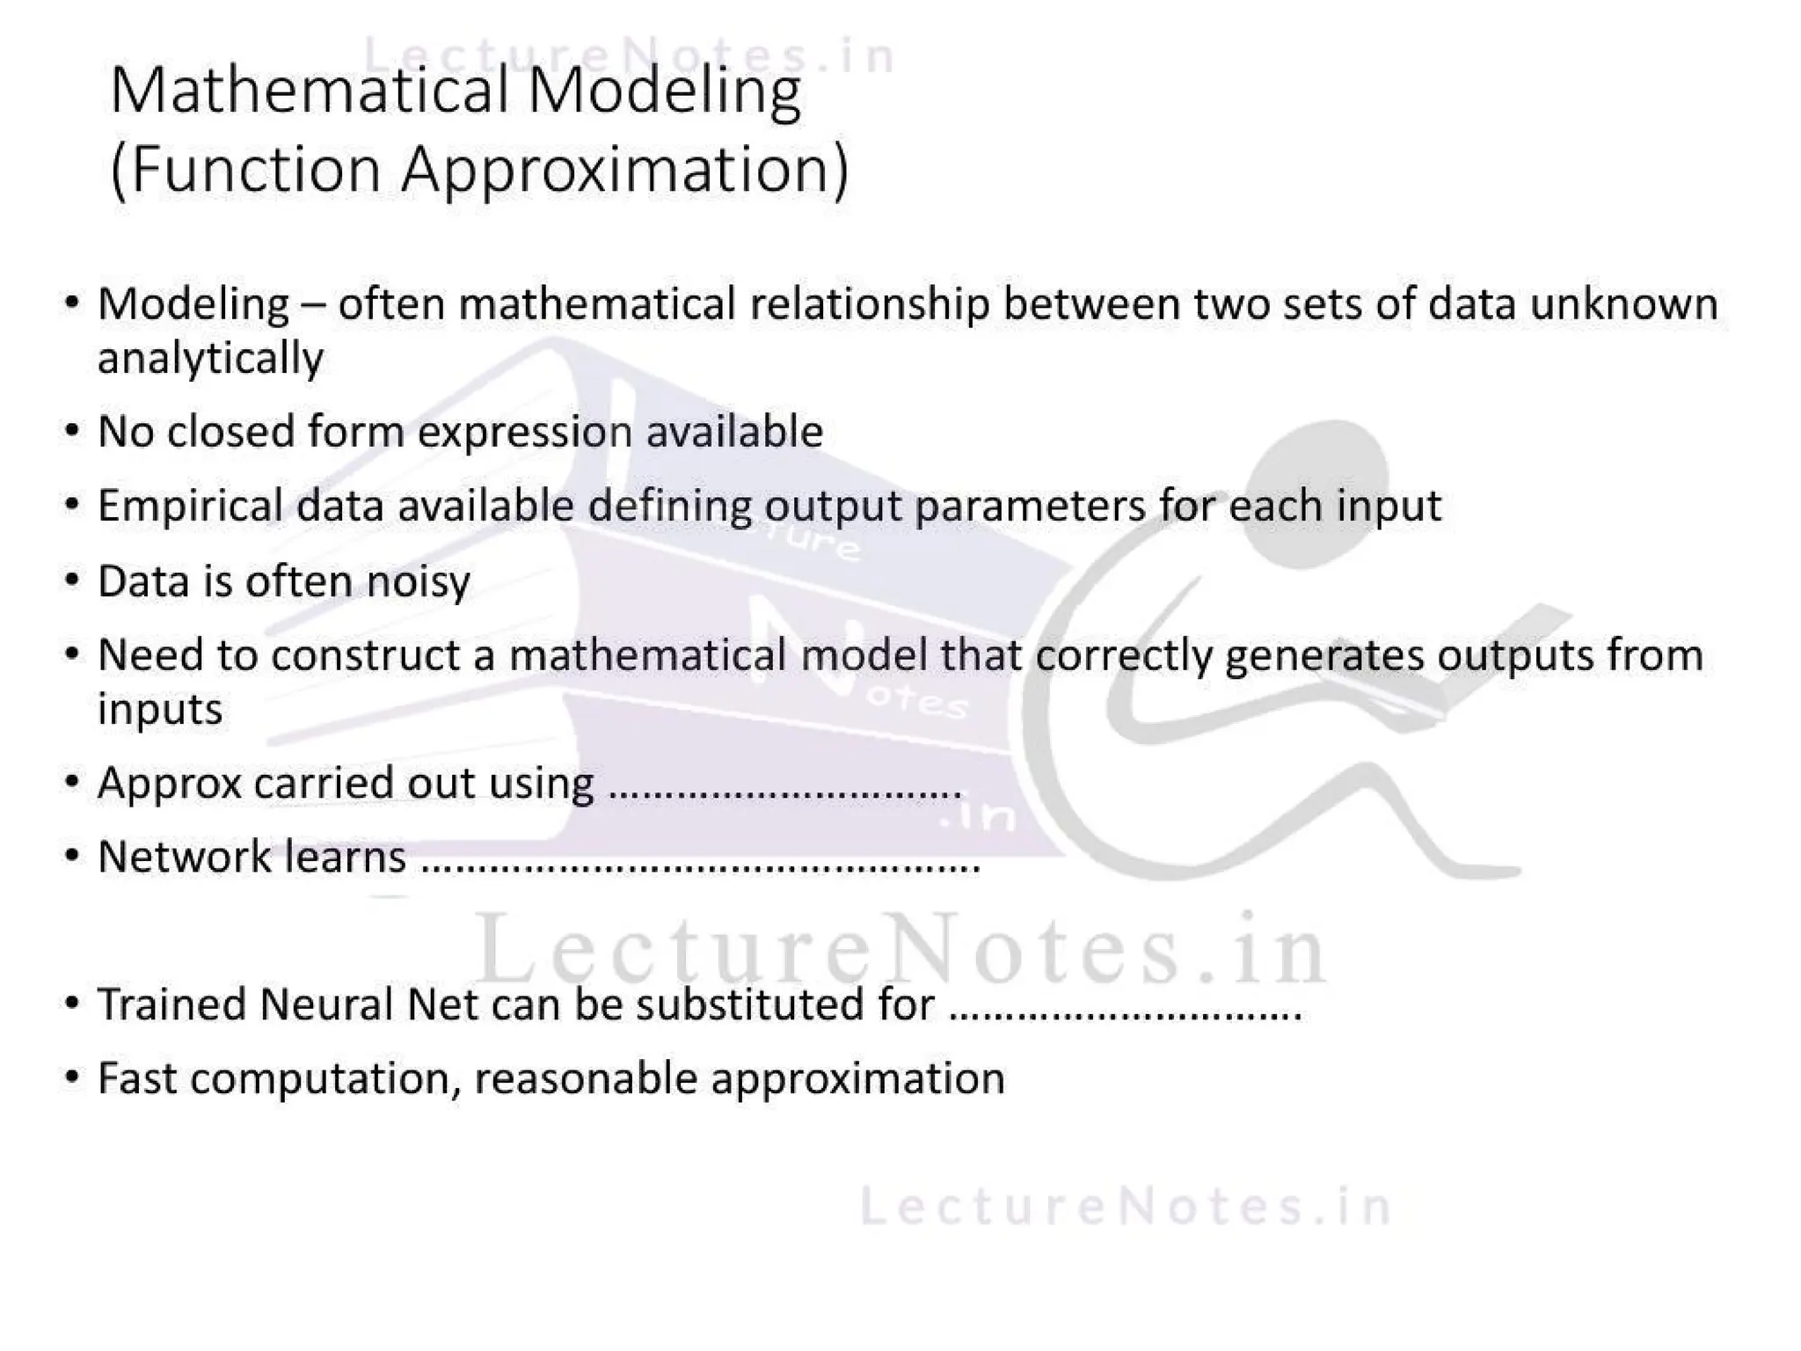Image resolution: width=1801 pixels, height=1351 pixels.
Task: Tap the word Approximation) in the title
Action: click(x=625, y=170)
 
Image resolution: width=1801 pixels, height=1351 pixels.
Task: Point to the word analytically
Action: click(x=210, y=359)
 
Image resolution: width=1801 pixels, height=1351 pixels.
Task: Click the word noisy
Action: click(x=418, y=582)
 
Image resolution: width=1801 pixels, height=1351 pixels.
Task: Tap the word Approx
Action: click(x=169, y=784)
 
